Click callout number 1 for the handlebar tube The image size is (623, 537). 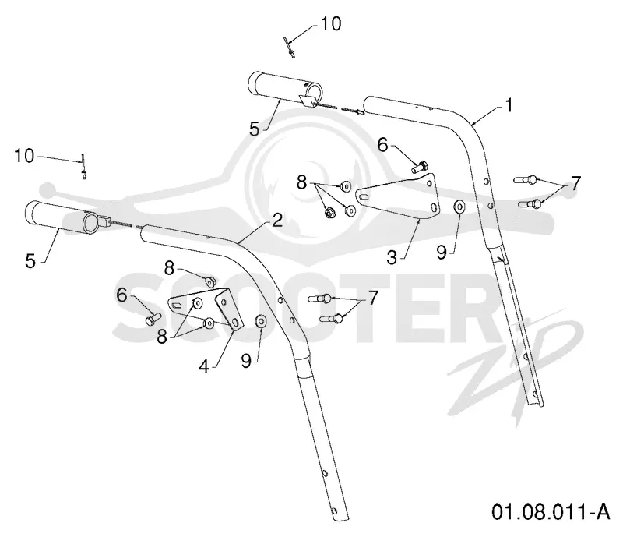pos(509,106)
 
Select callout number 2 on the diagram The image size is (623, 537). pos(277,220)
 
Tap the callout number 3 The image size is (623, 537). pos(392,257)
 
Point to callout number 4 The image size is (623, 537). pos(204,366)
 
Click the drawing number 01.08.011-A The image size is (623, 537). pos(551,511)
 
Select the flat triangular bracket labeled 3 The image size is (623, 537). pos(397,197)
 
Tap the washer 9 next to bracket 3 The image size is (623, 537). pos(460,207)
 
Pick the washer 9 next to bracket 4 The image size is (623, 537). pos(261,321)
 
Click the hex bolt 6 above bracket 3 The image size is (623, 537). pos(420,167)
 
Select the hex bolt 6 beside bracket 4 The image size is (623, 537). pos(153,319)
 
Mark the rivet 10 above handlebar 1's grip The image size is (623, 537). pos(290,48)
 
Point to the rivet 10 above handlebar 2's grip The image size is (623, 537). pos(83,166)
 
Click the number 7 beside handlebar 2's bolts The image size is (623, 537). pos(372,298)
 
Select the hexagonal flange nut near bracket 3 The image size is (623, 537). pos(329,214)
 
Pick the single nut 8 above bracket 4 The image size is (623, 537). pos(209,281)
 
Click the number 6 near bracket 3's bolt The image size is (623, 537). pos(382,145)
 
